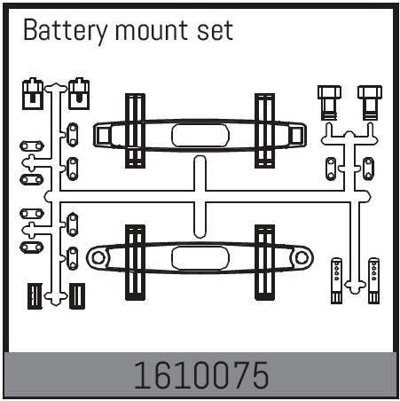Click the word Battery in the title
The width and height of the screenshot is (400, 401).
66,31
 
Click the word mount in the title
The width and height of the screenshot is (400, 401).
152,31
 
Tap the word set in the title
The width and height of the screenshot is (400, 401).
215,31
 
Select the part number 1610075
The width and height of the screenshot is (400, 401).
201,375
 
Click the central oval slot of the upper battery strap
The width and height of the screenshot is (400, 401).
200,136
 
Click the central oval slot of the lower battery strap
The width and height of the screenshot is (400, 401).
200,257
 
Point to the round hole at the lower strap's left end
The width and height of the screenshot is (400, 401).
98,257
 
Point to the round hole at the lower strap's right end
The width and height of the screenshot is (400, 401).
302,257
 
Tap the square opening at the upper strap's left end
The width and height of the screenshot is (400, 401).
103,136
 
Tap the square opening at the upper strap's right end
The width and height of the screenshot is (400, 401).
296,136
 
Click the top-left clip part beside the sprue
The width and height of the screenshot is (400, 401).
33,94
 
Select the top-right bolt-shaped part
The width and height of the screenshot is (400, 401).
370,103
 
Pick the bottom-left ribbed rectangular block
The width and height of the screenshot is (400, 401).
35,296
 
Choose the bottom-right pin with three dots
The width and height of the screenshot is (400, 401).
373,280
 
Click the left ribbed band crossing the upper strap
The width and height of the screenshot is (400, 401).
135,130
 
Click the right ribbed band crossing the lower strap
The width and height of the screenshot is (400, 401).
264,263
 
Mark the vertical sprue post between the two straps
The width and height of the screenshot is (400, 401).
200,197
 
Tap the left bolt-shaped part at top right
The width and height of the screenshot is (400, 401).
329,103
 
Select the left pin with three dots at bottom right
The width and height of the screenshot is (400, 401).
336,280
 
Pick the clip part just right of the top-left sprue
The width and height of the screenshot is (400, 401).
79,94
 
